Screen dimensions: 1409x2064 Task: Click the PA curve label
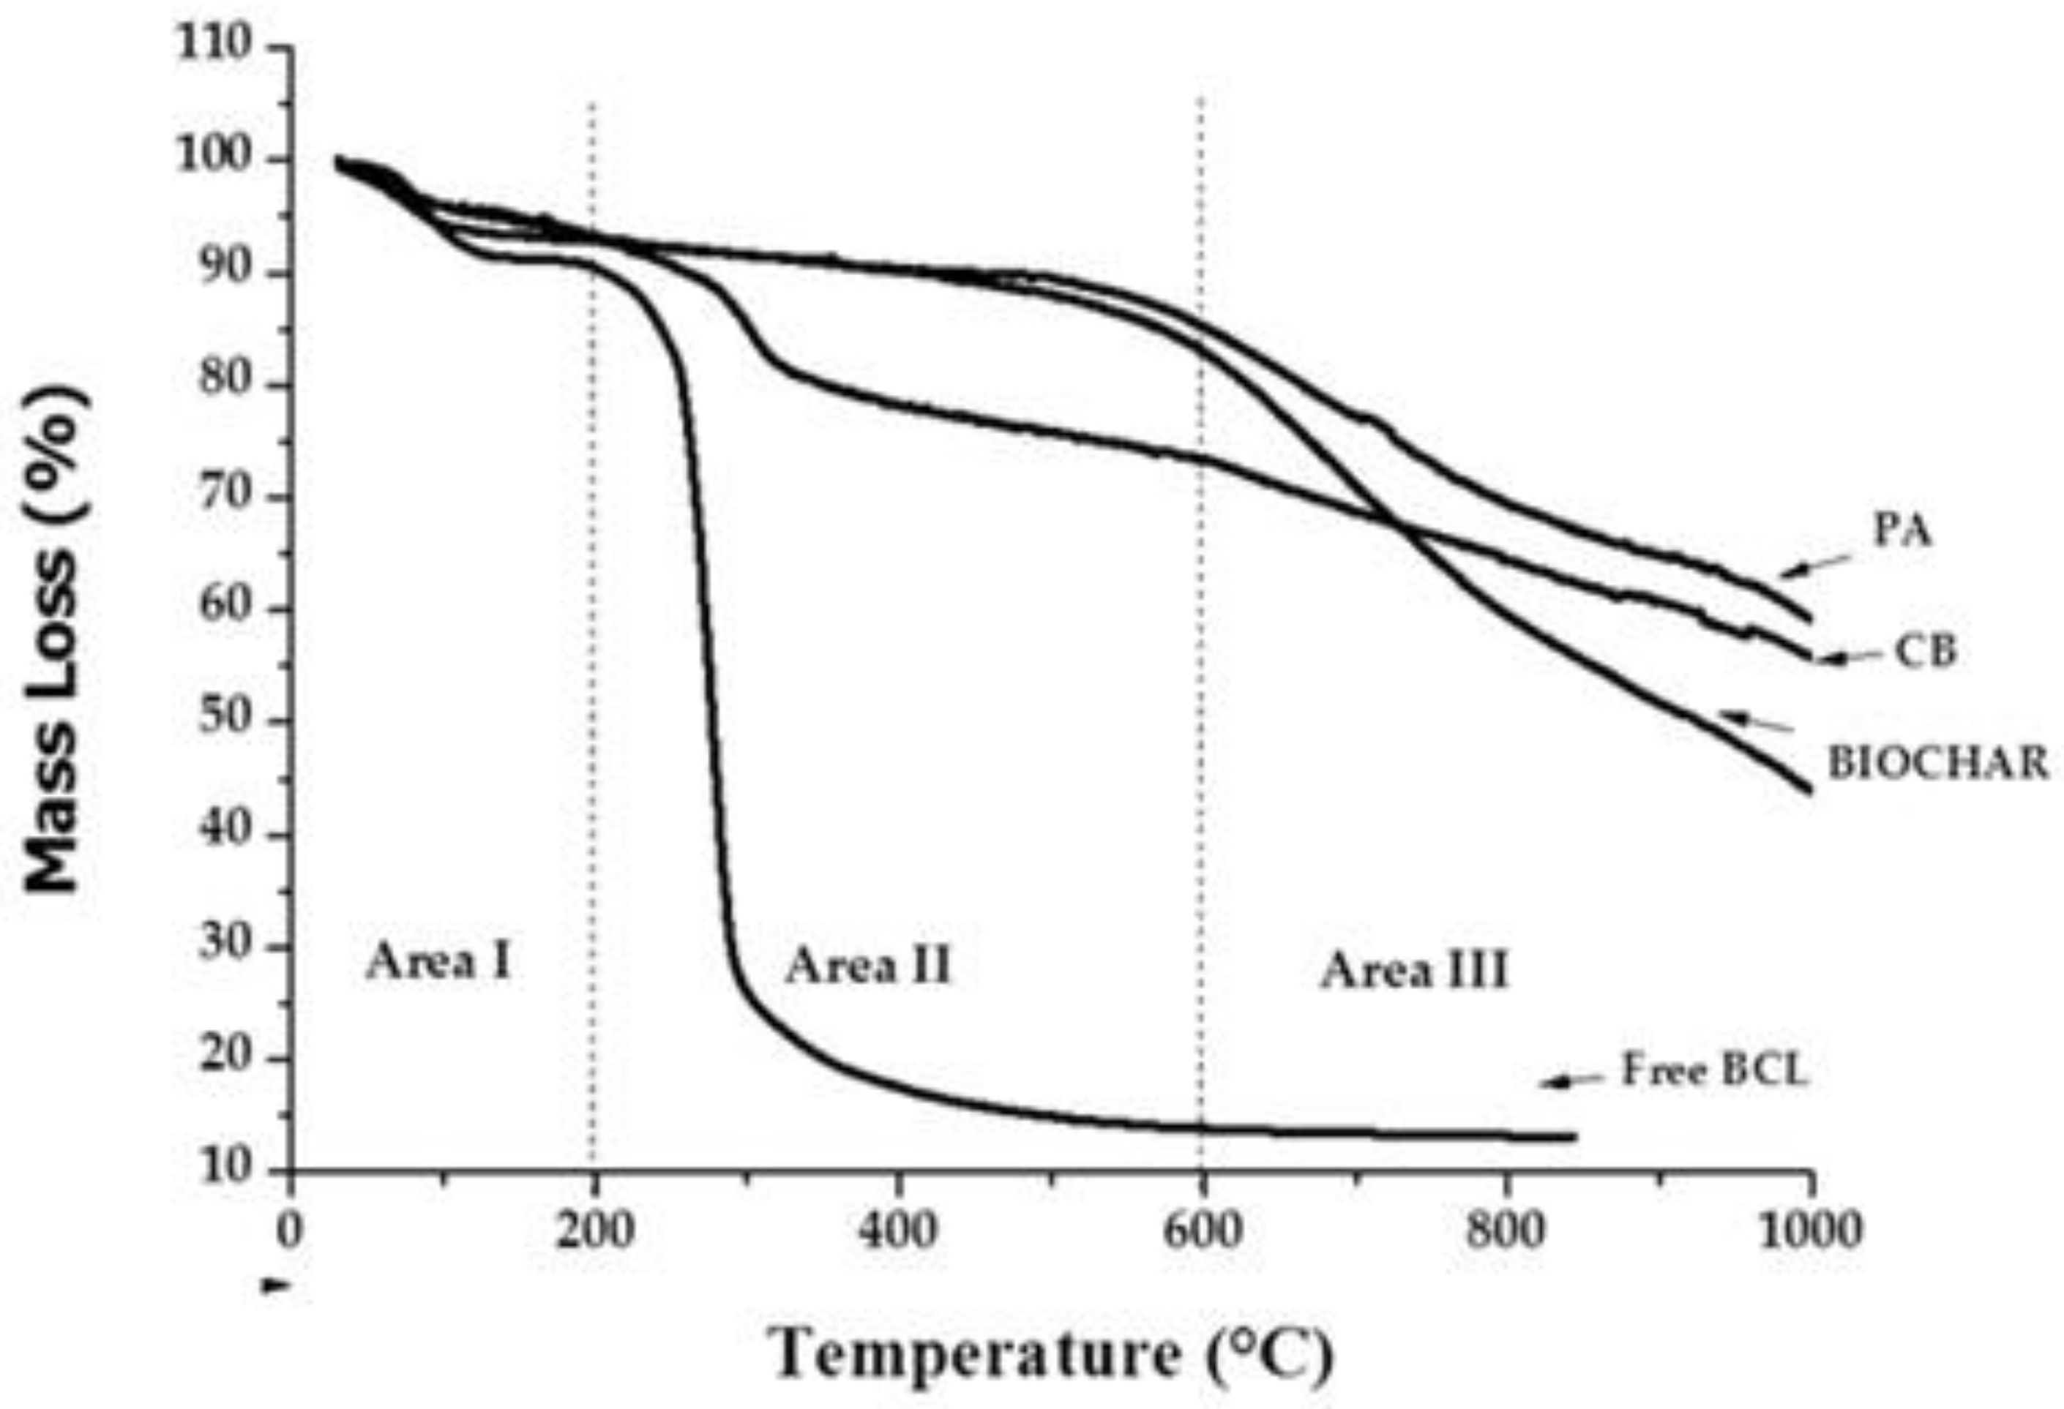[1902, 532]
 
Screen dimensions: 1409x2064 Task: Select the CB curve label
[1926, 652]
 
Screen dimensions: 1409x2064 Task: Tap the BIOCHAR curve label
[1937, 764]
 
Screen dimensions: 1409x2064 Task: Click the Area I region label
[440, 961]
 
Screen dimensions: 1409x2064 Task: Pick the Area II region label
[869, 966]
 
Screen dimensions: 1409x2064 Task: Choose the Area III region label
[1415, 970]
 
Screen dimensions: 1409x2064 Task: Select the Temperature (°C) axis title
[1053, 1354]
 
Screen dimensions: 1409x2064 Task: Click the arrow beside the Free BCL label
[1573, 1081]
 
